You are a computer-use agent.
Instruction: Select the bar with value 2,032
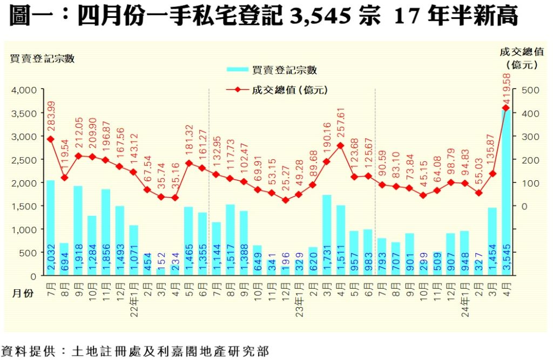(50, 227)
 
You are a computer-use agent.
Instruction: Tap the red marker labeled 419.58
(506, 108)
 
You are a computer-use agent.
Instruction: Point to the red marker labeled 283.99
(50, 139)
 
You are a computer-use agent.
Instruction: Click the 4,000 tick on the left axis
(23, 90)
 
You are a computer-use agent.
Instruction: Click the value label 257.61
(341, 125)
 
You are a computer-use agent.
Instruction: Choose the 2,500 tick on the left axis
(23, 160)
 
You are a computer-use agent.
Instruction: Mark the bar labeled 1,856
(106, 232)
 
